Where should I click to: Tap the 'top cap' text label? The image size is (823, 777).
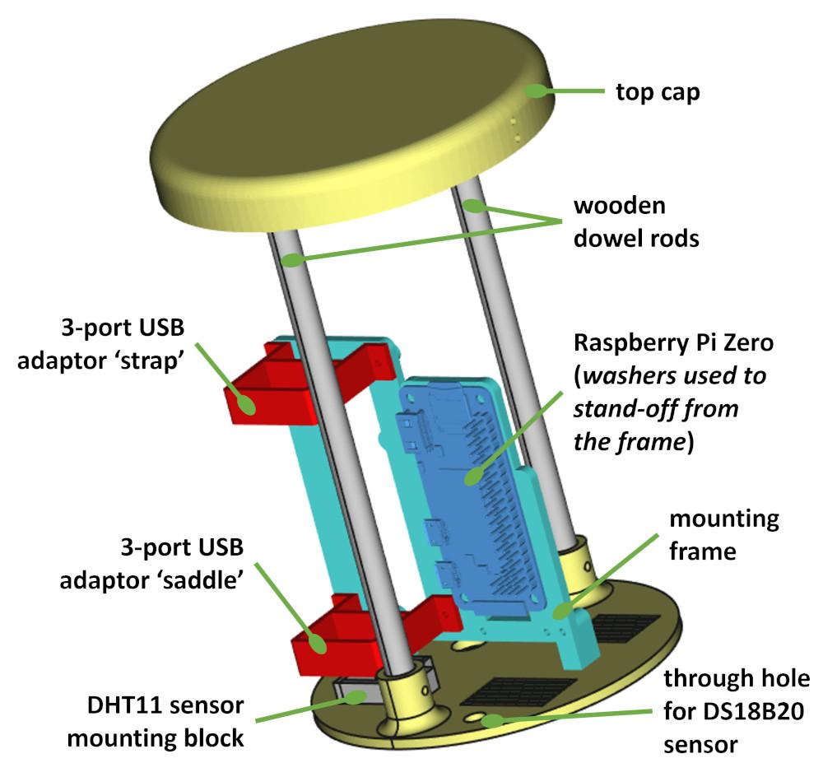pyautogui.click(x=658, y=91)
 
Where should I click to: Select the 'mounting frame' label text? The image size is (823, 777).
pyautogui.click(x=723, y=535)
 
